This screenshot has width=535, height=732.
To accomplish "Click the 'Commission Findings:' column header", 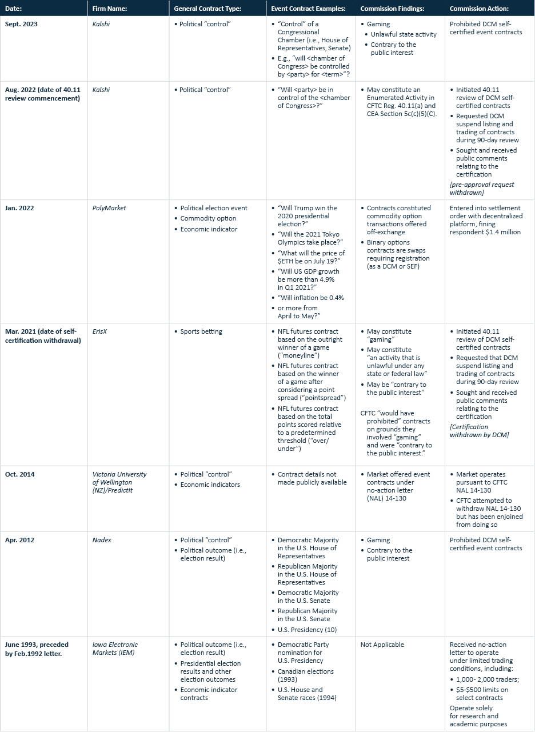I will click(x=387, y=9).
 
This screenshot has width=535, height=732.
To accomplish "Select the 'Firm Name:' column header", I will click(x=109, y=9).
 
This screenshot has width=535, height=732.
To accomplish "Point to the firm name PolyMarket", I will click(x=109, y=208).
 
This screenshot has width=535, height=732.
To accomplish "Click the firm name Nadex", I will click(x=101, y=540).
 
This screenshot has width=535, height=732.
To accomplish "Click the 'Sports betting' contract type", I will click(x=201, y=331).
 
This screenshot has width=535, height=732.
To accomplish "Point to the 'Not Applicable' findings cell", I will click(x=382, y=645).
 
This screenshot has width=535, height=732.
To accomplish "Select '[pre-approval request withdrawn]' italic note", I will click(x=482, y=189).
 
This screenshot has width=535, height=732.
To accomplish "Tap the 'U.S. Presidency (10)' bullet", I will click(x=307, y=630).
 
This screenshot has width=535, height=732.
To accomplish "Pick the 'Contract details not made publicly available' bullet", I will click(x=312, y=478).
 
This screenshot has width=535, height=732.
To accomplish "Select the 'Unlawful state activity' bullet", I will click(x=403, y=34).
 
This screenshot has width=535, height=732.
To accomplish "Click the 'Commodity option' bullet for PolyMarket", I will click(x=208, y=218).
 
